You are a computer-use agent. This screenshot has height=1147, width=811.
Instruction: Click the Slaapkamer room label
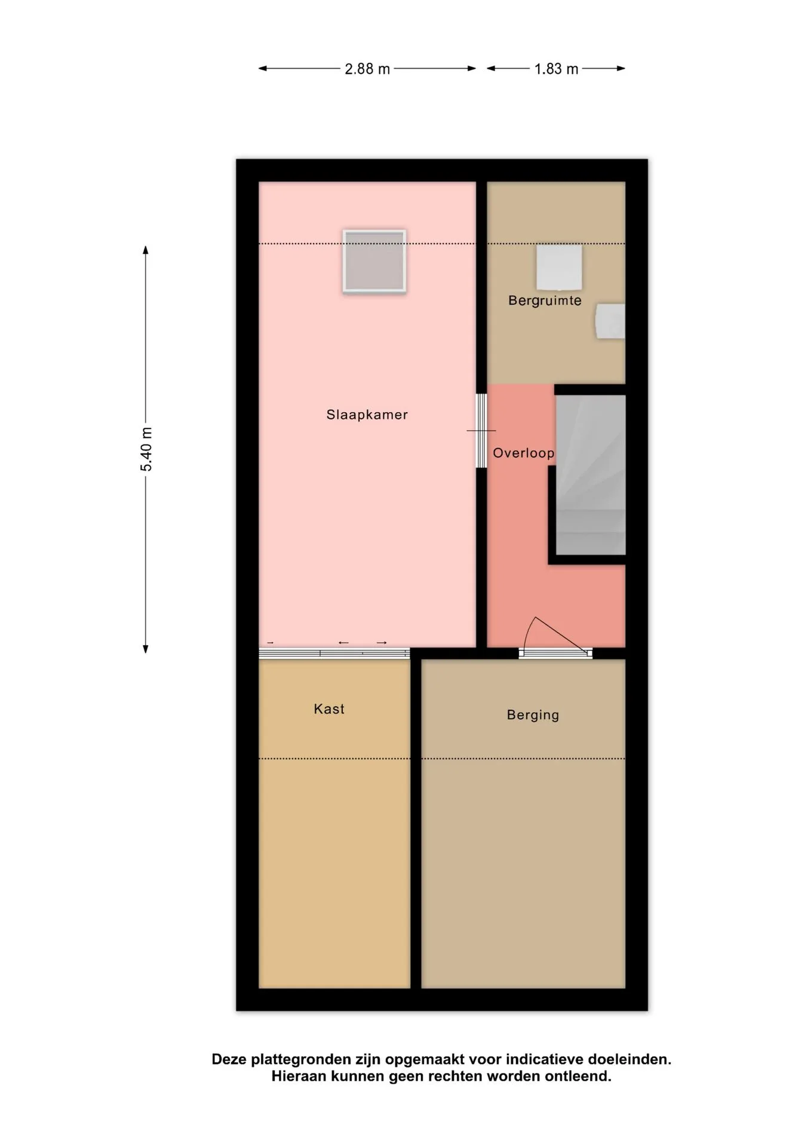pos(367,415)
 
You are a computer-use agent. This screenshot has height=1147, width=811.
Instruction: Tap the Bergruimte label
pos(545,300)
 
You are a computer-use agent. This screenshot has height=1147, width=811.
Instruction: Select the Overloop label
pos(523,453)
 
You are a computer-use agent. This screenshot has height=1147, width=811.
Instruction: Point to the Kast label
pos(329,709)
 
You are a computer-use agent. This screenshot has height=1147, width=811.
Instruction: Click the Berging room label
pos(533,716)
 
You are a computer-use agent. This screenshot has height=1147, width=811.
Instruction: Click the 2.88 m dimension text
pos(367,69)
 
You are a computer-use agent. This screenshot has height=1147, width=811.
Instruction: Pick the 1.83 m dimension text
pos(557,69)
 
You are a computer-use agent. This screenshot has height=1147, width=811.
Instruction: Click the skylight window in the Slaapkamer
pos(374,261)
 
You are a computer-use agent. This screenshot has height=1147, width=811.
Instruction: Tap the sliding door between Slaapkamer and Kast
pos(334,653)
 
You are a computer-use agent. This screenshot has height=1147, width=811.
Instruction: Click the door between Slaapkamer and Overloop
pos(481,431)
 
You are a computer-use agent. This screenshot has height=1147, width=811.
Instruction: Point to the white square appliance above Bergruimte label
pos(559,267)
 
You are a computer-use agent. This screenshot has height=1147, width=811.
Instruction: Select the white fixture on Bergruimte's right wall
pos(610,321)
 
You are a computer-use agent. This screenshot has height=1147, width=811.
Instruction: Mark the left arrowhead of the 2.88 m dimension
pos(262,69)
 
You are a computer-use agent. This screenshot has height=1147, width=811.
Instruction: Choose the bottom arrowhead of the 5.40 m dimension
pos(145,649)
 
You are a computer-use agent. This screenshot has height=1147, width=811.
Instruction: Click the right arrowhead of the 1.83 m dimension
pos(621,69)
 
